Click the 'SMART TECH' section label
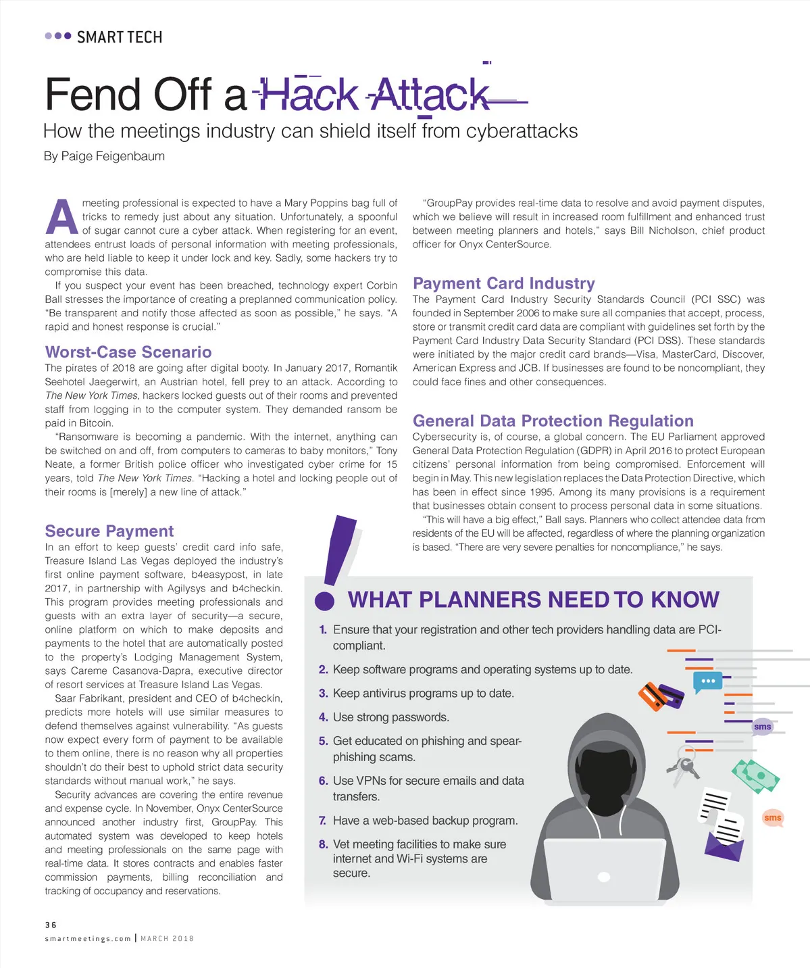(x=119, y=37)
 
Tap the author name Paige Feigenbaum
(x=113, y=156)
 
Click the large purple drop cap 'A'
(x=61, y=217)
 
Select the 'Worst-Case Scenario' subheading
(x=128, y=352)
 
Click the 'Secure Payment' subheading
(x=109, y=531)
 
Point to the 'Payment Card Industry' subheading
(x=504, y=283)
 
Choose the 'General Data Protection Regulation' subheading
(x=553, y=420)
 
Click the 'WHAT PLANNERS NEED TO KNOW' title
(x=534, y=600)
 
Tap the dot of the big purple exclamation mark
(x=326, y=600)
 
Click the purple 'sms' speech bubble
(x=763, y=727)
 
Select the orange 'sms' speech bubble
(x=772, y=818)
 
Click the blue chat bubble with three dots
(x=707, y=681)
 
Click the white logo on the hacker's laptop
(x=604, y=877)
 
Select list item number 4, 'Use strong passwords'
(x=390, y=717)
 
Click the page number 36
(x=51, y=925)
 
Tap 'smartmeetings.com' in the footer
(x=88, y=938)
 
